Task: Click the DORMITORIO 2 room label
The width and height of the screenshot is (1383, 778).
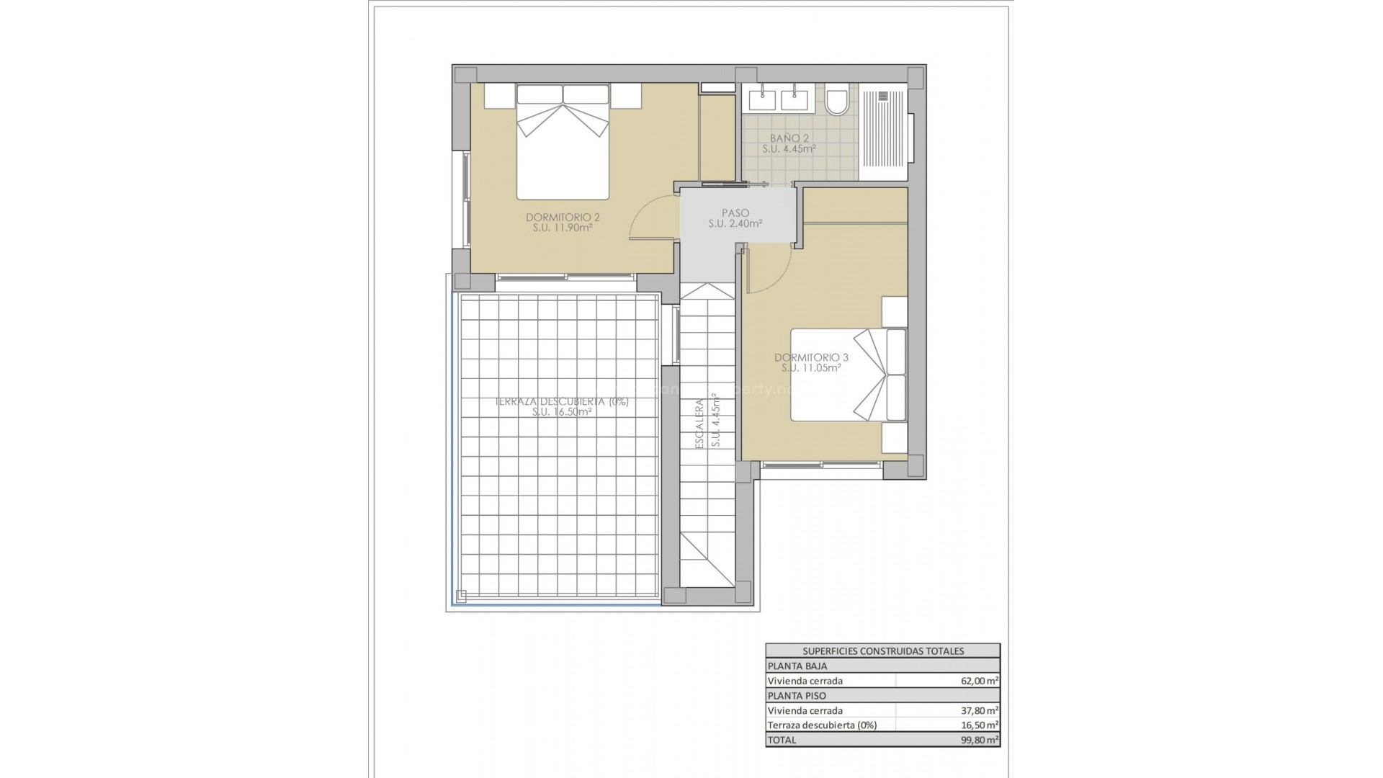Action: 563,217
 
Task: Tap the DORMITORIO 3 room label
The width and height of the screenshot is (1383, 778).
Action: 811,357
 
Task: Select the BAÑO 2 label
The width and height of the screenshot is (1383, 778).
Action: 789,138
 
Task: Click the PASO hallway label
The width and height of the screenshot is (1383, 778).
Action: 735,213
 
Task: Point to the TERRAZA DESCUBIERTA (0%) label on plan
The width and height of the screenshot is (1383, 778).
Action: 562,402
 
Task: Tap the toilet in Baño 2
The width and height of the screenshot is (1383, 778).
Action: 836,101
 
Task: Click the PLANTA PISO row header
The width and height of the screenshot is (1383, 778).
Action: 797,696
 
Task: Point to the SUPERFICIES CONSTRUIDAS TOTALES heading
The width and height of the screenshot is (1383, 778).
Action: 882,651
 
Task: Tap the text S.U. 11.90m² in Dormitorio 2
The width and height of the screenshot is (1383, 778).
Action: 563,228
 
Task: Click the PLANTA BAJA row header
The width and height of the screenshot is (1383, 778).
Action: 797,666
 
